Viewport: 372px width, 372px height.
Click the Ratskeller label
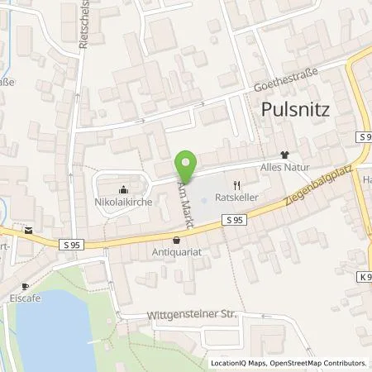coord(236,198)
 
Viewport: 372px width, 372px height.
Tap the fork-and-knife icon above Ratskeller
coord(236,184)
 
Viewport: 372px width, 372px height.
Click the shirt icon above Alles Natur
coord(285,154)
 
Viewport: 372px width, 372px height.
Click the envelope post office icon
coord(31,231)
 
